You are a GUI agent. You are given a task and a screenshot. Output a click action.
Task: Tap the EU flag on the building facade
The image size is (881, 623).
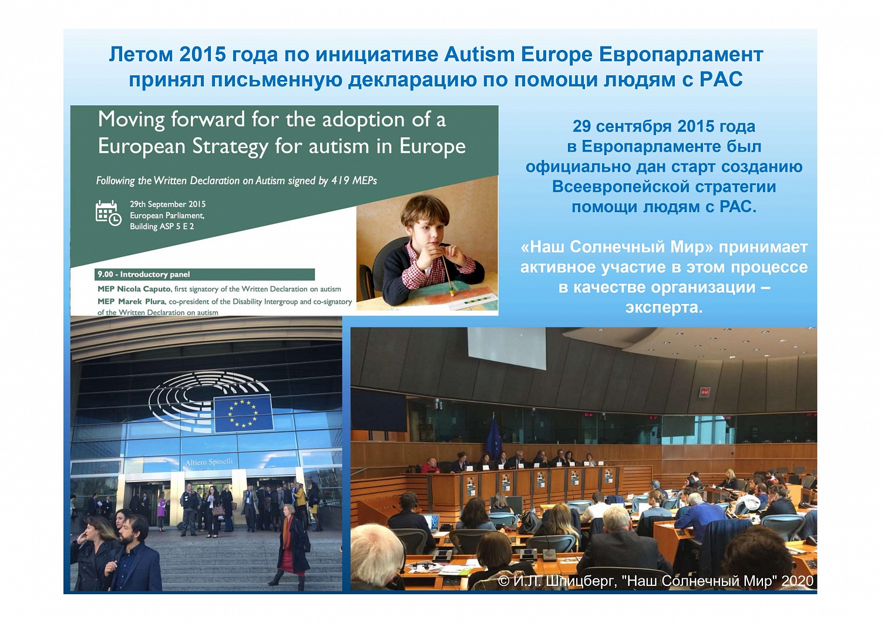243,413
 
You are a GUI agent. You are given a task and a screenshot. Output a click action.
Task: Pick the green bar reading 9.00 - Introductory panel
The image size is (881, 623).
204,274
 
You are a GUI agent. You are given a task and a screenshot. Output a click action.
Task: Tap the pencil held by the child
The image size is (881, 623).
447,272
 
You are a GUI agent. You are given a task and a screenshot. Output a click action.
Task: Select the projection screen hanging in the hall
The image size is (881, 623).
506,348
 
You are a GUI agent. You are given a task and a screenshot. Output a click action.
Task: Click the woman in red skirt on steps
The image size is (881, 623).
290,545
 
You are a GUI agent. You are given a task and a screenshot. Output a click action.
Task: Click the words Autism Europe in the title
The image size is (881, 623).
518,54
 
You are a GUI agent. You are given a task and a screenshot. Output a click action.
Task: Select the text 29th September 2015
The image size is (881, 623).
167,205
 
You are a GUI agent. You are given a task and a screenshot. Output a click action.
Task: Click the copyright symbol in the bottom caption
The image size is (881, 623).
503,581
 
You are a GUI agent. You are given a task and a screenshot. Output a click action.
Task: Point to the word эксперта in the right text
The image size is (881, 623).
664,307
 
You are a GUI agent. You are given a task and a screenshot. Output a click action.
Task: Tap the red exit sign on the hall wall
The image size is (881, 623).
704,392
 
